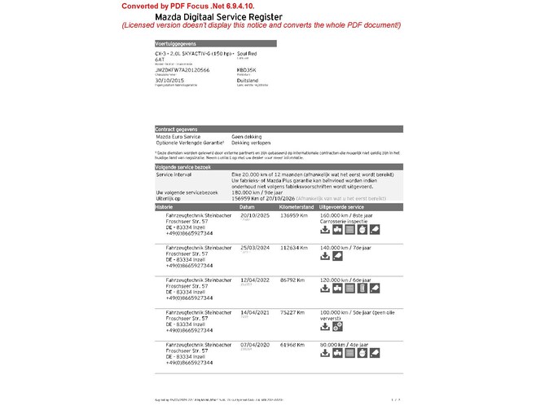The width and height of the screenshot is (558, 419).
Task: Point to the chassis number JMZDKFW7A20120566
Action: [182, 71]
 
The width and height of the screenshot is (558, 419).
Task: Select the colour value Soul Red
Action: [247, 52]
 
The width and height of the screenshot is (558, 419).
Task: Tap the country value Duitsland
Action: [248, 80]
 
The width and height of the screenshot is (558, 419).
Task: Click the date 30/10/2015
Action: [168, 80]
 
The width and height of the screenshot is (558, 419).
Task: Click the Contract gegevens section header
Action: [176, 130]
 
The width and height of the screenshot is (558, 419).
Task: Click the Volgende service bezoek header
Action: [182, 167]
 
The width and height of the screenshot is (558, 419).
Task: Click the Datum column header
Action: [248, 208]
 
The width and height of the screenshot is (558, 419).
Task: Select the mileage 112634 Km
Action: [295, 247]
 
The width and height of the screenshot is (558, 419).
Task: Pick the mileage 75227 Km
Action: [293, 311]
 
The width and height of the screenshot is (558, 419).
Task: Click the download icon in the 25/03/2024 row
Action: [325, 256]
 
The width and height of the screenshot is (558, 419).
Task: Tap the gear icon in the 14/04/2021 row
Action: [337, 326]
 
